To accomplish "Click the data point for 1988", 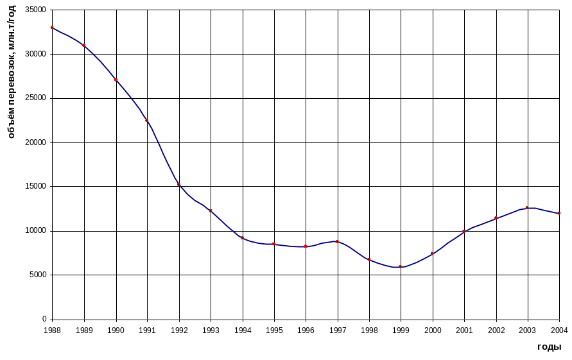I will tap(52, 28).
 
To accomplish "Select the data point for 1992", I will tap(178, 185).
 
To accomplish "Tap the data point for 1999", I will tap(401, 266).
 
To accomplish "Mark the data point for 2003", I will tap(528, 208).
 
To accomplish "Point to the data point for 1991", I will tap(147, 121).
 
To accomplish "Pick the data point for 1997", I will tap(337, 241).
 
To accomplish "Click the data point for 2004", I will tap(559, 213).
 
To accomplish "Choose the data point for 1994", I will tap(242, 238).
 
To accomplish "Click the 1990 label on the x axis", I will tap(116, 330).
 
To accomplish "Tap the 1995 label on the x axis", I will tap(274, 330).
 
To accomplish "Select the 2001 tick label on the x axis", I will tap(464, 330).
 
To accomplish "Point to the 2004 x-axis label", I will tap(559, 330).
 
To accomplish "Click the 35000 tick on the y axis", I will tap(36, 10).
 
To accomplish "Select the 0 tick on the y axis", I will tap(45, 319).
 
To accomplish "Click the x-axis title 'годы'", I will tap(550, 347).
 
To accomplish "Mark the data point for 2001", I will tap(464, 231).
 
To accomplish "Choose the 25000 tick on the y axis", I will tap(36, 98).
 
